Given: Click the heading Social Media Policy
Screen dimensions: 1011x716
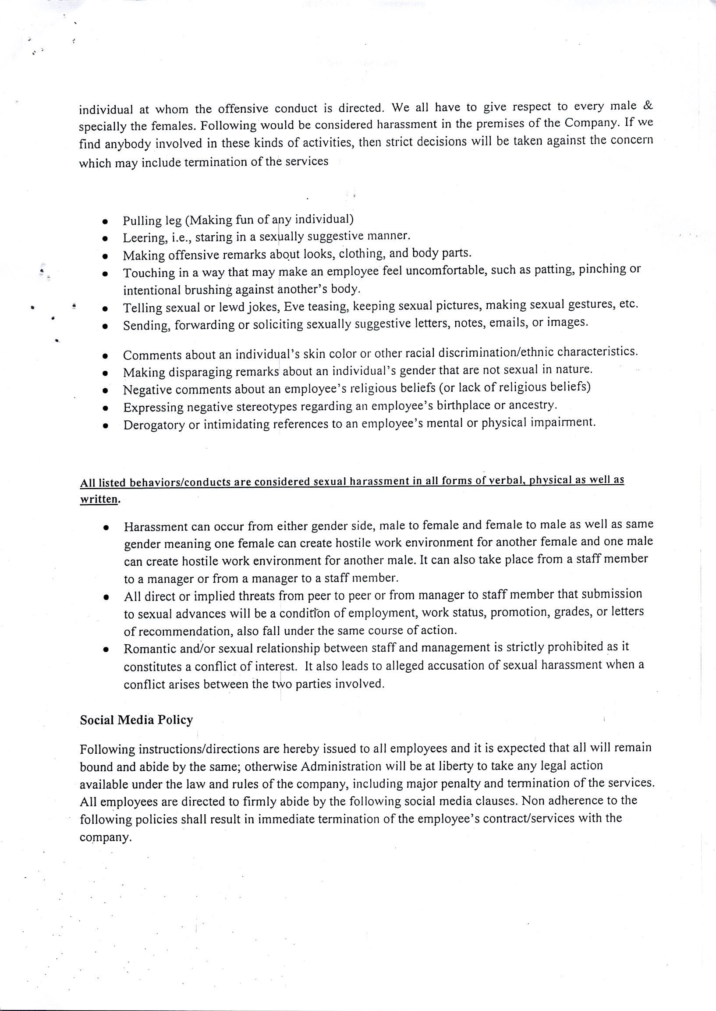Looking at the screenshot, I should click(x=136, y=720).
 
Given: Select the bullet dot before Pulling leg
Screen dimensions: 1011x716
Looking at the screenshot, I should click(x=105, y=221).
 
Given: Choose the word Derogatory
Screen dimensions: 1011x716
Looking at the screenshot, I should click(x=154, y=426).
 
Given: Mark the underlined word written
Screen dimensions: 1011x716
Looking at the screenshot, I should click(x=99, y=500).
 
